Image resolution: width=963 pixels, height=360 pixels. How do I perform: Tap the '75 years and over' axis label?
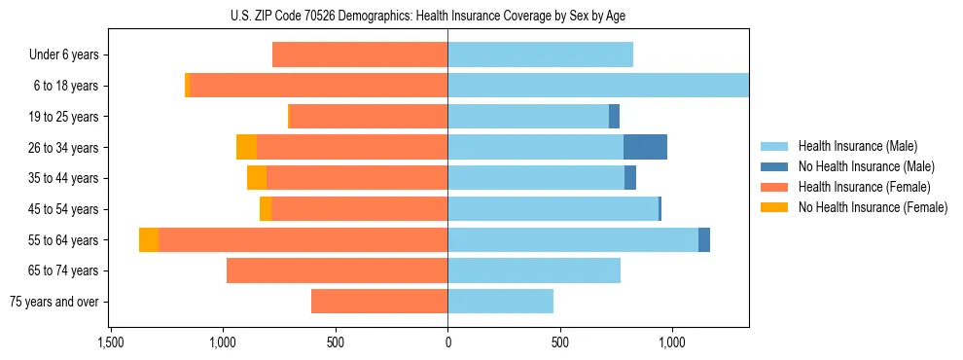click(x=54, y=302)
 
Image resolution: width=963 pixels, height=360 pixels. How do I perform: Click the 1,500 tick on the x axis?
click(x=111, y=342)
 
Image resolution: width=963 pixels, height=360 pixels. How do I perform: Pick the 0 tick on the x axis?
click(x=447, y=342)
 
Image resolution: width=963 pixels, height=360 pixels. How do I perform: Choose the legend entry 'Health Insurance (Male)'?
click(x=857, y=146)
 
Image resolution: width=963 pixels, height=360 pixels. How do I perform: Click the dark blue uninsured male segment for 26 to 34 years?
click(x=645, y=147)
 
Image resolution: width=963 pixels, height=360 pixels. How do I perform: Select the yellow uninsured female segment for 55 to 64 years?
click(x=149, y=239)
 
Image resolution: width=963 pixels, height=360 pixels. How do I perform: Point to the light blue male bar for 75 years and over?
click(x=500, y=302)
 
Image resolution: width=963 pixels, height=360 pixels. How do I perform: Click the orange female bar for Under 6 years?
click(x=360, y=54)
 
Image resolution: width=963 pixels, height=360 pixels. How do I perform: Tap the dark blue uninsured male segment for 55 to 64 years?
click(x=704, y=239)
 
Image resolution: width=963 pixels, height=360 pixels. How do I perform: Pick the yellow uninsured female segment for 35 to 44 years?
click(x=257, y=178)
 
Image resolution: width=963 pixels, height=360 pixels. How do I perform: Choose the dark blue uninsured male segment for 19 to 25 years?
click(x=614, y=116)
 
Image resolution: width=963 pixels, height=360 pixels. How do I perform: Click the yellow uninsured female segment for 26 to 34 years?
click(x=246, y=147)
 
